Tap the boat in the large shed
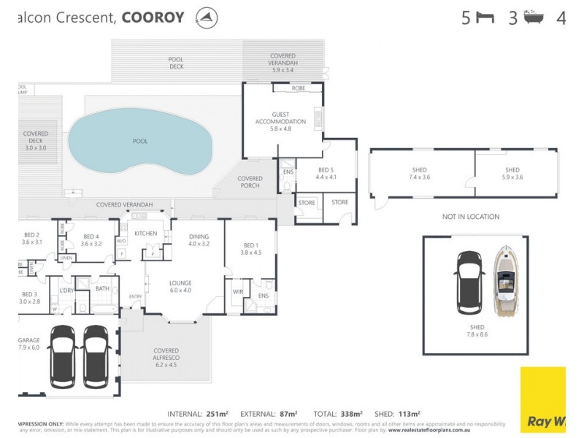click(x=507, y=281)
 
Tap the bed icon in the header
click(x=485, y=18)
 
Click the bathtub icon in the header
click(x=531, y=18)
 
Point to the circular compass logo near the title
click(x=207, y=18)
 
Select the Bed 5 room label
click(x=326, y=172)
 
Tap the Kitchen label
click(x=145, y=233)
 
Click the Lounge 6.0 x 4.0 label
click(x=180, y=286)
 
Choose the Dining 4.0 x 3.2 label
click(x=199, y=240)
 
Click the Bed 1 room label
click(x=250, y=249)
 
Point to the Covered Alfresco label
click(x=166, y=355)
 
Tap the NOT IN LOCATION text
click(x=470, y=217)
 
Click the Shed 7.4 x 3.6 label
click(x=420, y=173)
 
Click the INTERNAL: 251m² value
click(x=199, y=413)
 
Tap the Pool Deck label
click(x=176, y=63)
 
